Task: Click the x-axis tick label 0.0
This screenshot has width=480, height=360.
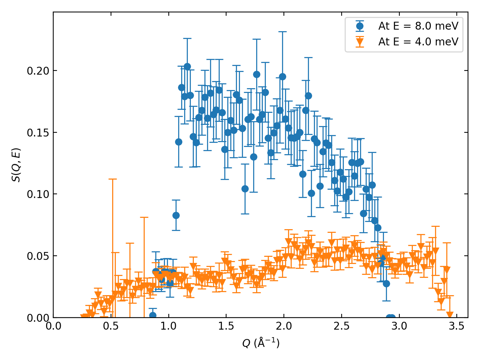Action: pos(53,326)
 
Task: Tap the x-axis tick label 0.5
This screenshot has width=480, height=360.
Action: pos(111,326)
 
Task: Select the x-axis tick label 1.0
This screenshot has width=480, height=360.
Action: pos(169,326)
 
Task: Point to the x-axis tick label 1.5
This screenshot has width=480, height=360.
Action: pos(226,326)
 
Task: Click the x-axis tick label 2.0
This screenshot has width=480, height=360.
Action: pos(284,326)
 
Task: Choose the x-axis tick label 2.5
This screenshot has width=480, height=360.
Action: pos(342,326)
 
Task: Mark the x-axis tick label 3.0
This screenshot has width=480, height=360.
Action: pos(399,326)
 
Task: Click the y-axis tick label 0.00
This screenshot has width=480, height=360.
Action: pos(38,318)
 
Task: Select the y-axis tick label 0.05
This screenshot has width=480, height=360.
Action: pos(38,256)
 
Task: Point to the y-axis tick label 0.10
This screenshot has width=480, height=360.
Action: pos(38,194)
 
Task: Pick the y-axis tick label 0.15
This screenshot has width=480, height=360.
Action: pos(38,133)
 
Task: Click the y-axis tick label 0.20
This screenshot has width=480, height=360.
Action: pos(38,71)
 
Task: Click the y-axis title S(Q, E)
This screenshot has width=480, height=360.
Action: pos(16,165)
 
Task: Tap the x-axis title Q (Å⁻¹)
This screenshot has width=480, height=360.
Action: pos(261,343)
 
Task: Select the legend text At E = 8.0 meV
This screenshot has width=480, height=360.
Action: pos(418,26)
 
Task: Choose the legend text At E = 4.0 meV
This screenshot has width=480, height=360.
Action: pos(418,42)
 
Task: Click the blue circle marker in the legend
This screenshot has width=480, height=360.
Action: pos(360,26)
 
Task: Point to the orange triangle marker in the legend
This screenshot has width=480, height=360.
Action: pos(360,42)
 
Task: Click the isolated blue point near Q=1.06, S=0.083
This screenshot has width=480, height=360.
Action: pos(176,215)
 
